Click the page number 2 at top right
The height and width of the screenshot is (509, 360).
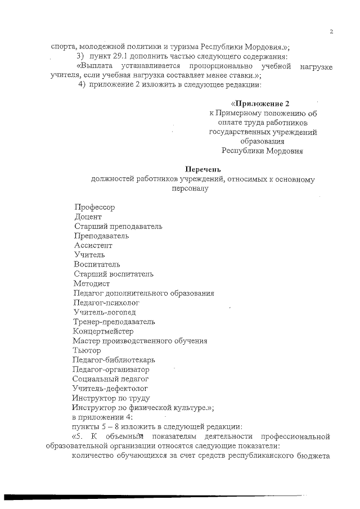(x=331, y=31)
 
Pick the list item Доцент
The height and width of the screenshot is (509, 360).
(x=88, y=216)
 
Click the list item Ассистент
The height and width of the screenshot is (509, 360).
(x=93, y=245)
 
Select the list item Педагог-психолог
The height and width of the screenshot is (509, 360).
(x=106, y=303)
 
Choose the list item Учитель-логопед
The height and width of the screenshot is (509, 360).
(x=104, y=312)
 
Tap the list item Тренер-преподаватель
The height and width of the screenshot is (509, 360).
(x=114, y=322)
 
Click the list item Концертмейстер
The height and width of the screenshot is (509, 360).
(x=103, y=331)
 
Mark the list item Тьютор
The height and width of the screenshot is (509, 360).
(x=87, y=350)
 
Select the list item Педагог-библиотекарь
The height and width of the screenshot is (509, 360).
(x=114, y=360)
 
